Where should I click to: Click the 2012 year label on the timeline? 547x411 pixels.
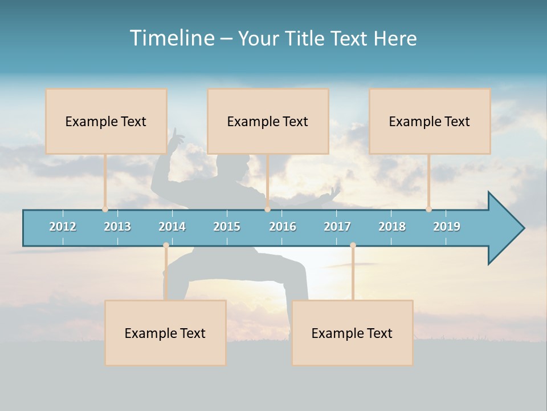(x=63, y=227)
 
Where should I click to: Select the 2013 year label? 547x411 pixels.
(x=117, y=227)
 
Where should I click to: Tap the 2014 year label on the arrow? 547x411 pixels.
(x=172, y=227)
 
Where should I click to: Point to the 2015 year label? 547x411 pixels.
(x=227, y=227)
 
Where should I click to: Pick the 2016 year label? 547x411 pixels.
(x=283, y=227)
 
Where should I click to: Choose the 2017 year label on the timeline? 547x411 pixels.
(x=337, y=227)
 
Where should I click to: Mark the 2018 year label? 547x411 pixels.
(x=392, y=227)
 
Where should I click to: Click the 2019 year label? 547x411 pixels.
(x=447, y=227)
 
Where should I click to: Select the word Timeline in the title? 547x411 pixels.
(x=171, y=38)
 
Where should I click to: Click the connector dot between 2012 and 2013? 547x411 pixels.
(x=105, y=209)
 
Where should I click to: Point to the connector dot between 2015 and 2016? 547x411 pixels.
(x=267, y=209)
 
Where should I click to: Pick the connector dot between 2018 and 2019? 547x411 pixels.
(x=429, y=209)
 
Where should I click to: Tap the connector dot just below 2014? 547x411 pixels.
(x=166, y=245)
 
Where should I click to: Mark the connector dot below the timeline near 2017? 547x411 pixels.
(x=353, y=245)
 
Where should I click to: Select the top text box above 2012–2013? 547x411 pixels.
(x=106, y=121)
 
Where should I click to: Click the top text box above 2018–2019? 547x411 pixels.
(x=430, y=121)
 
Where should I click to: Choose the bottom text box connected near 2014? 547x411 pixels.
(x=165, y=333)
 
